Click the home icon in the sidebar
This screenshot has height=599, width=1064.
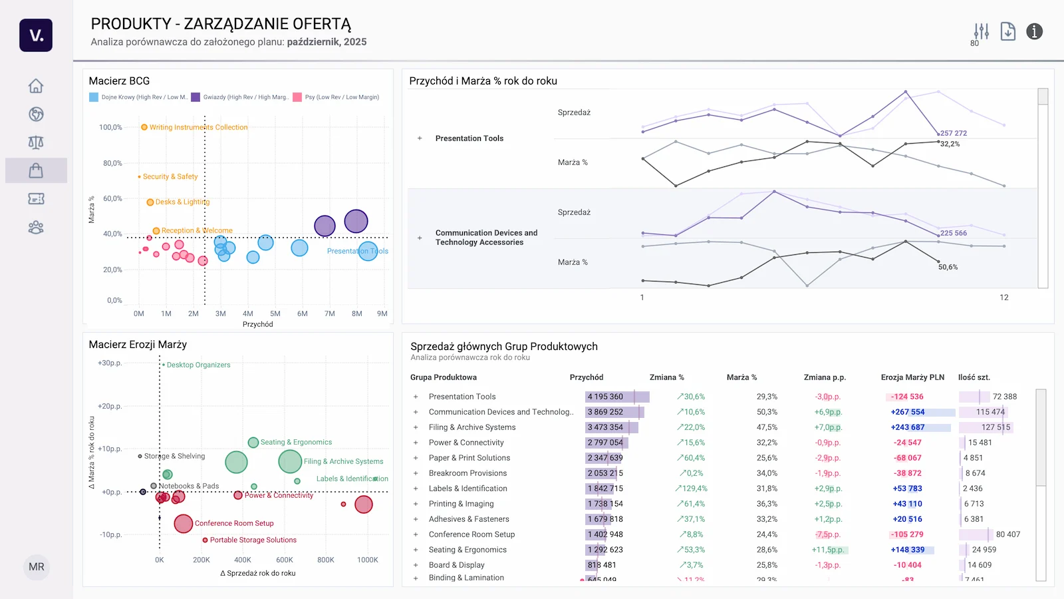click(x=36, y=86)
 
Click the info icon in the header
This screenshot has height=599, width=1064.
click(x=1034, y=31)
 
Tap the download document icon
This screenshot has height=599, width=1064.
click(x=1007, y=31)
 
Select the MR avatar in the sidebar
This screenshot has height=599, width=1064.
click(x=37, y=567)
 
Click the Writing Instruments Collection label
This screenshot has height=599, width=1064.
click(x=198, y=127)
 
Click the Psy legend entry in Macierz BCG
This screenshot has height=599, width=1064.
click(x=341, y=97)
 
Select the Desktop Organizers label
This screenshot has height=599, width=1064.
click(x=198, y=365)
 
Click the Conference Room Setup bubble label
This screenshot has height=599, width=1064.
click(x=233, y=523)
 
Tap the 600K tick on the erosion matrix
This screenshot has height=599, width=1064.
click(x=285, y=560)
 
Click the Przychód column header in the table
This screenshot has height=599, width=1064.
click(x=586, y=377)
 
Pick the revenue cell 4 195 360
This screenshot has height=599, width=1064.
click(x=605, y=397)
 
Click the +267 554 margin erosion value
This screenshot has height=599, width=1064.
click(x=908, y=412)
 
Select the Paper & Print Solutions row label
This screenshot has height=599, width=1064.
click(x=469, y=458)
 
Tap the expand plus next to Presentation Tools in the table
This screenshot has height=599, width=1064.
click(x=416, y=397)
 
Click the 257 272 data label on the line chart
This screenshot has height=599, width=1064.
click(x=954, y=133)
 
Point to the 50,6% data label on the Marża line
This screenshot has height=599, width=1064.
click(x=948, y=267)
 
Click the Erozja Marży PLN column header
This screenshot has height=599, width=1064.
click(x=912, y=377)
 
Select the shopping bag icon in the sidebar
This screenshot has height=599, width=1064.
click(x=36, y=170)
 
